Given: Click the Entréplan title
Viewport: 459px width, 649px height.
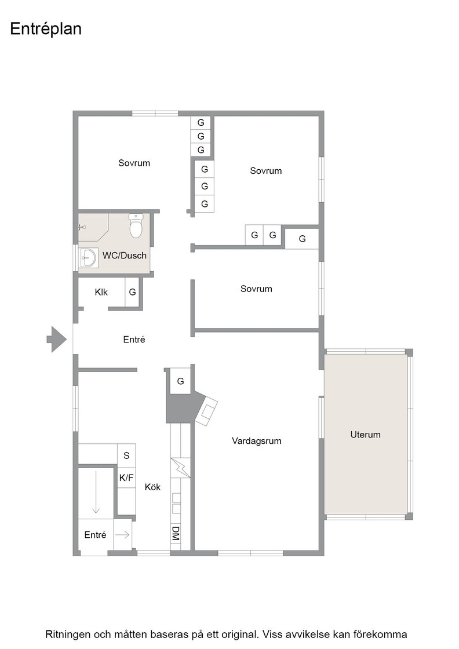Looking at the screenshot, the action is click(46, 29).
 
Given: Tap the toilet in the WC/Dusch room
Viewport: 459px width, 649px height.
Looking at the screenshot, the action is click(136, 225).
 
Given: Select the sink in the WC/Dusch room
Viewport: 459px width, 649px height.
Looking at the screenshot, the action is click(88, 258).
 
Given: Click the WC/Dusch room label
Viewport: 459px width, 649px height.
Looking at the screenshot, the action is click(125, 256).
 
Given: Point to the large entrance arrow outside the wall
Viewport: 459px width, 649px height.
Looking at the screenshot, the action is click(57, 339).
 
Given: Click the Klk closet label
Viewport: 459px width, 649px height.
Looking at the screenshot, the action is click(101, 292).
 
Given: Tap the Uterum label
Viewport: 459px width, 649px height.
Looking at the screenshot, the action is click(366, 435).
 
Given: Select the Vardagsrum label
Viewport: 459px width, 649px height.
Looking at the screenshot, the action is click(257, 441).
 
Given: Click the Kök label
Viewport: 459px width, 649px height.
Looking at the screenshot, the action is click(153, 487).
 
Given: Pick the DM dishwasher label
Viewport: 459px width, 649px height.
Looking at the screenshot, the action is click(176, 533).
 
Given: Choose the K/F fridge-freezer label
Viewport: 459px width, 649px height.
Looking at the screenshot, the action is click(126, 477).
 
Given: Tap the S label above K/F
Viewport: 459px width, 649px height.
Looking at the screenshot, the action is click(126, 455).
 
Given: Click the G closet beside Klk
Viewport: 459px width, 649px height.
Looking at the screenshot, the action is click(133, 292).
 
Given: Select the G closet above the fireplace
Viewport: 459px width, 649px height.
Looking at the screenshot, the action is click(180, 381).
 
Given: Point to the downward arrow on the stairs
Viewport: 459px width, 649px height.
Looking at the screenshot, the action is click(96, 492).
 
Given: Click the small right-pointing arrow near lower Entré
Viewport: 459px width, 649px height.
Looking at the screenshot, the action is click(122, 535).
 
